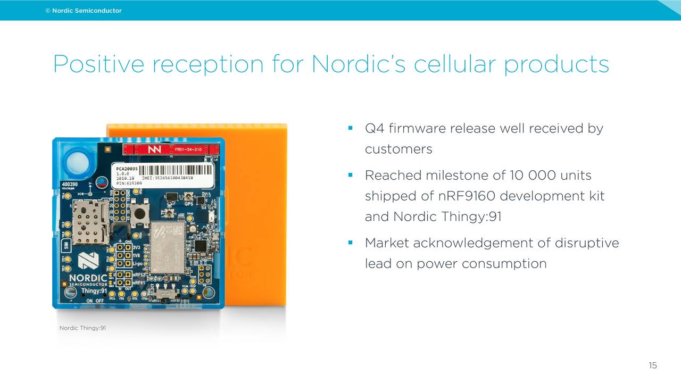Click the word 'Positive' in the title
click(x=98, y=64)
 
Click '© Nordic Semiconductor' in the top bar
click(x=84, y=11)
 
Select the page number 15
click(x=653, y=365)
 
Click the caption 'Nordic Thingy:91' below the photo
click(x=82, y=328)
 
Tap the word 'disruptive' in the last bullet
click(x=587, y=243)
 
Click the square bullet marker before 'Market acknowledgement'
click(x=351, y=243)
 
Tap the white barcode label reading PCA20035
click(x=162, y=174)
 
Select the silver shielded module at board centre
click(x=168, y=247)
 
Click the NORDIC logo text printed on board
click(x=88, y=278)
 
